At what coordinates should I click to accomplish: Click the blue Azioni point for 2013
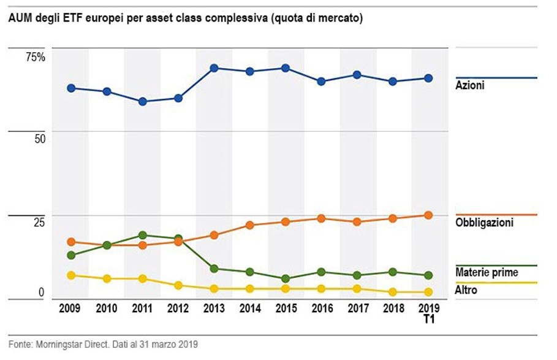pyautogui.click(x=214, y=68)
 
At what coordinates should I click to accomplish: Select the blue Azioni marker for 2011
pyautogui.click(x=142, y=102)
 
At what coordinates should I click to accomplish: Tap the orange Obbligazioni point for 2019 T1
pyautogui.click(x=429, y=215)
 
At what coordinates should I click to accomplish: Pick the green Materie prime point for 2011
pyautogui.click(x=142, y=235)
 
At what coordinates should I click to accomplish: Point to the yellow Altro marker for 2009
pyautogui.click(x=71, y=275)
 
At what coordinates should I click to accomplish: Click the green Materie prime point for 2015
pyautogui.click(x=286, y=278)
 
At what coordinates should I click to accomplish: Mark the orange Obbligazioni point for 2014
pyautogui.click(x=249, y=225)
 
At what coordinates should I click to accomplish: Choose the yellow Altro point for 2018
pyautogui.click(x=393, y=292)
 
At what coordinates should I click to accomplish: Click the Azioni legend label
pyautogui.click(x=470, y=86)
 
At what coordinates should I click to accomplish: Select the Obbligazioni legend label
pyautogui.click(x=484, y=223)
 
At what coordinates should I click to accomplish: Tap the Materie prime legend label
pyautogui.click(x=487, y=272)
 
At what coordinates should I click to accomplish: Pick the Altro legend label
pyautogui.click(x=466, y=290)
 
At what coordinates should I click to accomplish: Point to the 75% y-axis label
pyautogui.click(x=35, y=57)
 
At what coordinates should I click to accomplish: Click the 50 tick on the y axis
pyautogui.click(x=39, y=139)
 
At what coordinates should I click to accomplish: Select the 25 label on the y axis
pyautogui.click(x=39, y=223)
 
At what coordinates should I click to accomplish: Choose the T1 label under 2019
pyautogui.click(x=429, y=319)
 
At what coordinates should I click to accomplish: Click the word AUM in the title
pyautogui.click(x=19, y=19)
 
